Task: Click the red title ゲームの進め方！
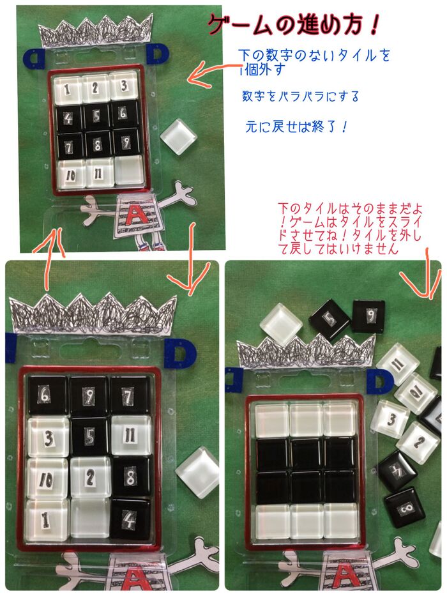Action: [295, 26]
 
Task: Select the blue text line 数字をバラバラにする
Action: [300, 96]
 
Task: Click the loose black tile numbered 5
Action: [330, 318]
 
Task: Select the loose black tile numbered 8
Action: [405, 508]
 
